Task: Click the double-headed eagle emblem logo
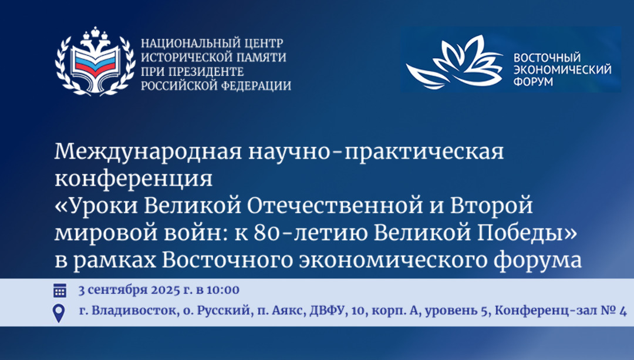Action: click(x=95, y=62)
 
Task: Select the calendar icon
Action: click(x=59, y=291)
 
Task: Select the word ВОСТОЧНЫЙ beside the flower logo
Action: click(x=547, y=58)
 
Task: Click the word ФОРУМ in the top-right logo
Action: click(x=533, y=82)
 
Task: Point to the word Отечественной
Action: click(x=335, y=206)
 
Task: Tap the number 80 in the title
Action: click(x=267, y=233)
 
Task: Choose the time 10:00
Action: click(x=223, y=291)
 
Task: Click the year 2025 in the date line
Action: click(x=165, y=291)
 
